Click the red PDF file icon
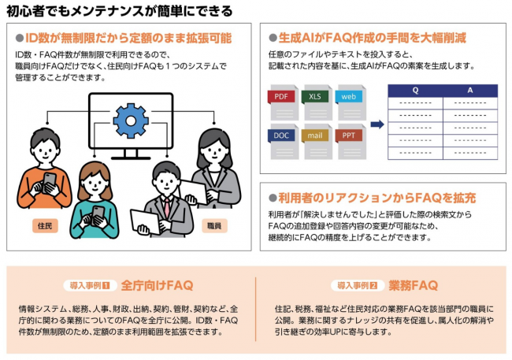pyautogui.click(x=283, y=102)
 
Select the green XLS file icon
pyautogui.click(x=317, y=102)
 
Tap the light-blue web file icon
pyautogui.click(x=351, y=102)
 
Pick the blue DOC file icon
pyautogui.click(x=283, y=142)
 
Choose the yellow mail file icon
pyautogui.click(x=317, y=142)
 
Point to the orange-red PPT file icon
pyautogui.click(x=351, y=142)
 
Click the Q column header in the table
pyautogui.click(x=415, y=91)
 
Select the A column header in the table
pyautogui.click(x=470, y=91)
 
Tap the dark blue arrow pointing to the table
pyautogui.click(x=377, y=124)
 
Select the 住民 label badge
pyautogui.click(x=45, y=226)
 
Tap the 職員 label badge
pyautogui.click(x=214, y=226)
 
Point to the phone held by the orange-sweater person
pyautogui.click(x=49, y=182)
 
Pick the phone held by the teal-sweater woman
pyautogui.click(x=98, y=215)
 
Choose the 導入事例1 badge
pyautogui.click(x=90, y=285)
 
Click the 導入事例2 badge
pyautogui.click(x=358, y=285)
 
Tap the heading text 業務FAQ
pyautogui.click(x=413, y=285)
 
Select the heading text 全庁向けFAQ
pyautogui.click(x=157, y=285)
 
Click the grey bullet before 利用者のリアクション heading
pyautogui.click(x=273, y=198)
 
